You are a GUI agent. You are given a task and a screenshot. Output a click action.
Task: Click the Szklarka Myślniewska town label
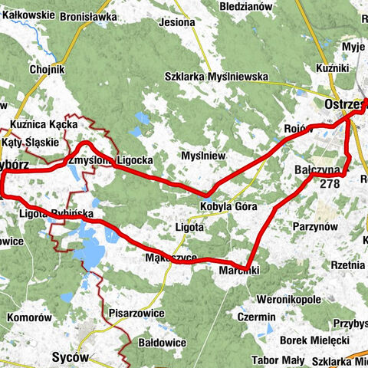pyautogui.click(x=215, y=76)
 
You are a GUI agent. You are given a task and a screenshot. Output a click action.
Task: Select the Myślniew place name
pyautogui.click(x=203, y=156)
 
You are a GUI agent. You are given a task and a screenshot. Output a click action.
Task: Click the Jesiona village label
pyautogui.click(x=176, y=22)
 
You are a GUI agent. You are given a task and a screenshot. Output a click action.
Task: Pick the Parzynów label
pyautogui.click(x=315, y=226)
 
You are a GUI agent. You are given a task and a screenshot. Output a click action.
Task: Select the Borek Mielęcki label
pyautogui.click(x=315, y=340)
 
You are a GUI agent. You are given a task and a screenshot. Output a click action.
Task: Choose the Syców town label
pyautogui.click(x=71, y=356)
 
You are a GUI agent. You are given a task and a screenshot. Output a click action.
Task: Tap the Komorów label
pyautogui.click(x=28, y=317)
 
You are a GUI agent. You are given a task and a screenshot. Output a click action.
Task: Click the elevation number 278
pyautogui.click(x=330, y=183)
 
